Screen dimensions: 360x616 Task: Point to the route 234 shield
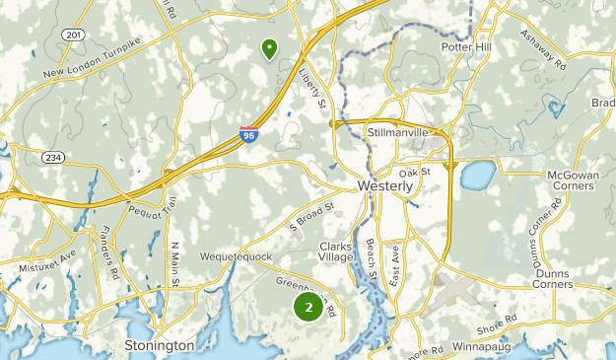click(x=52, y=157)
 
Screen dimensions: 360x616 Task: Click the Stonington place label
click(x=160, y=345)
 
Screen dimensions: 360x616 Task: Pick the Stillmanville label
click(x=397, y=131)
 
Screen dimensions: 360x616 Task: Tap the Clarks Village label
click(x=336, y=252)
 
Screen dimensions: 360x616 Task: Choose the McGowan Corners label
click(x=573, y=181)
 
